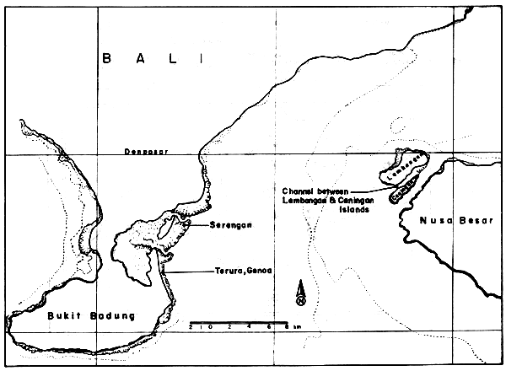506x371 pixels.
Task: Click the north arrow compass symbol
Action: click(x=300, y=294)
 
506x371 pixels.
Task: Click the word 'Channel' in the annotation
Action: click(x=298, y=189)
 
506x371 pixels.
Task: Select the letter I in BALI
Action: click(x=201, y=59)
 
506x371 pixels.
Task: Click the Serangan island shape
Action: click(x=169, y=228)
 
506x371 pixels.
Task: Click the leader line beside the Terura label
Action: click(x=187, y=270)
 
